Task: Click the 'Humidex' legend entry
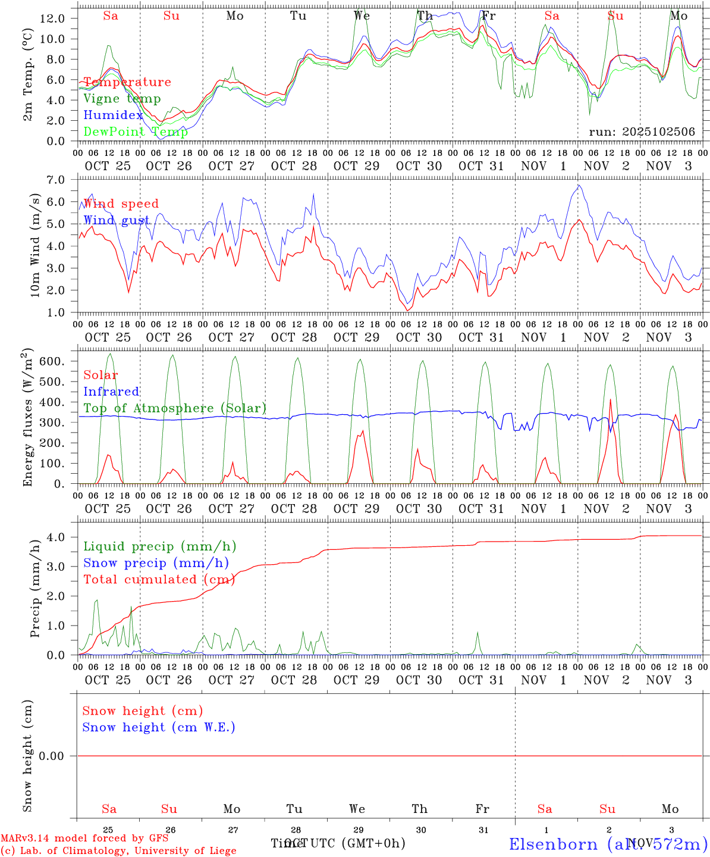(x=113, y=115)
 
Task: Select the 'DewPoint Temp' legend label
(x=136, y=132)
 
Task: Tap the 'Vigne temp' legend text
(x=122, y=99)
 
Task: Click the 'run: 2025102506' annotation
(x=642, y=132)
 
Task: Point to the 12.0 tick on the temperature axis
(x=52, y=18)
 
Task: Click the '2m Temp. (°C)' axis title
(x=27, y=74)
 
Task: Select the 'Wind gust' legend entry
(x=117, y=220)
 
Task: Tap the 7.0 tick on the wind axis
(x=56, y=180)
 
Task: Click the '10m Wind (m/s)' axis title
(x=36, y=245)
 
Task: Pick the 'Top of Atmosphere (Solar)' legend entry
(x=175, y=408)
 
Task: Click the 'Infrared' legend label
(x=111, y=392)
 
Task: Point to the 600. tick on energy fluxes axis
(x=51, y=362)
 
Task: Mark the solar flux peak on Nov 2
(x=611, y=399)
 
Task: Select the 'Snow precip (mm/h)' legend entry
(x=156, y=563)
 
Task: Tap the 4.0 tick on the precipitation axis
(x=56, y=537)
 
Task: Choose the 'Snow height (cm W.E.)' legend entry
(x=159, y=727)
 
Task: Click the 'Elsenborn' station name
(x=553, y=844)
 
